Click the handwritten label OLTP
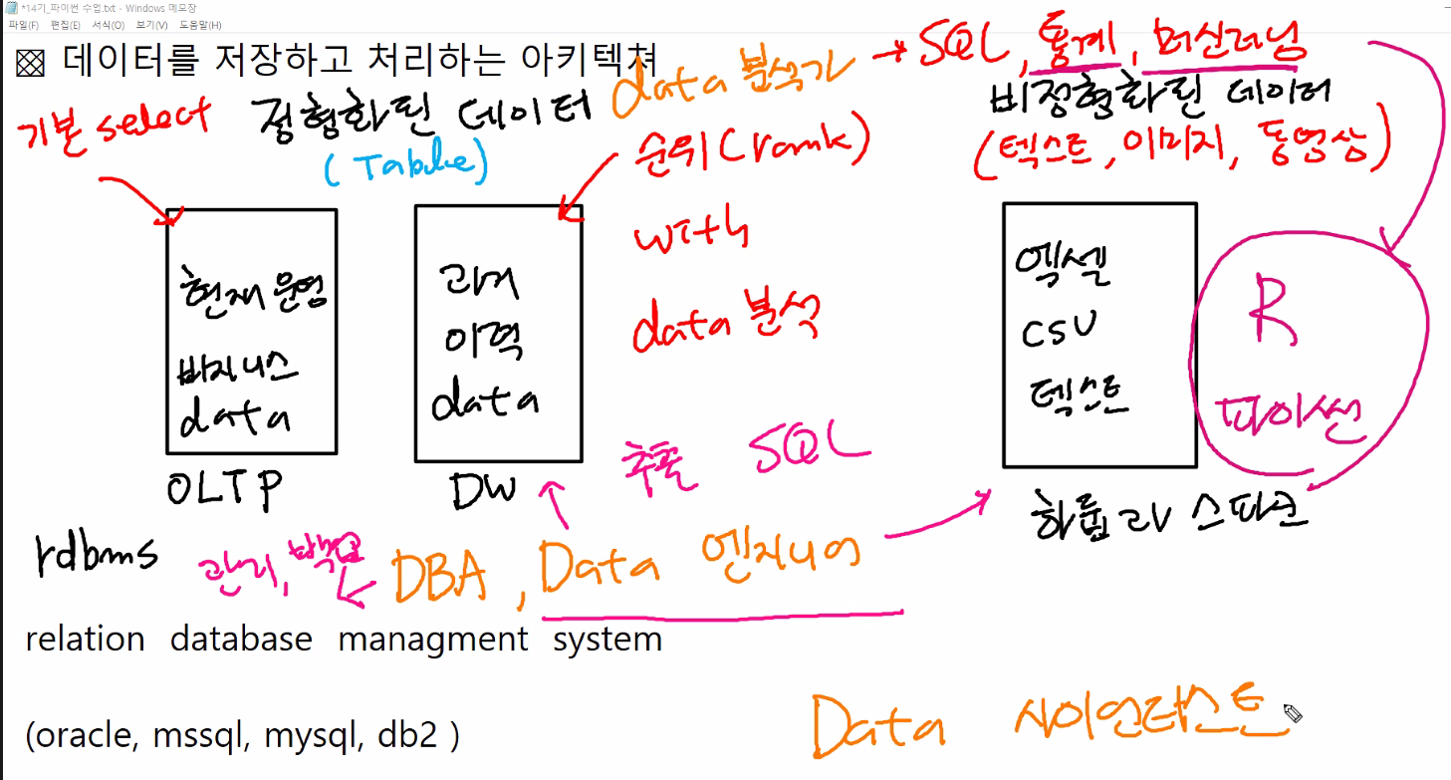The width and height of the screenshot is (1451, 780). (226, 489)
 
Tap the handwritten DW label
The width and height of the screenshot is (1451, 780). (483, 489)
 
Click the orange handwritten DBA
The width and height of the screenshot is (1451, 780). (439, 577)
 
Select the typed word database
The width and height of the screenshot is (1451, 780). (241, 639)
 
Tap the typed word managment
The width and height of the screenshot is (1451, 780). (433, 639)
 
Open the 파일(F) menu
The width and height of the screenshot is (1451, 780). (23, 25)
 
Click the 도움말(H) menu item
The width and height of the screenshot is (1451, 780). (201, 25)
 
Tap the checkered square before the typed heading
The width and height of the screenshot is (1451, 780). (31, 64)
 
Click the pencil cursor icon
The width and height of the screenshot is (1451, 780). (1293, 713)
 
